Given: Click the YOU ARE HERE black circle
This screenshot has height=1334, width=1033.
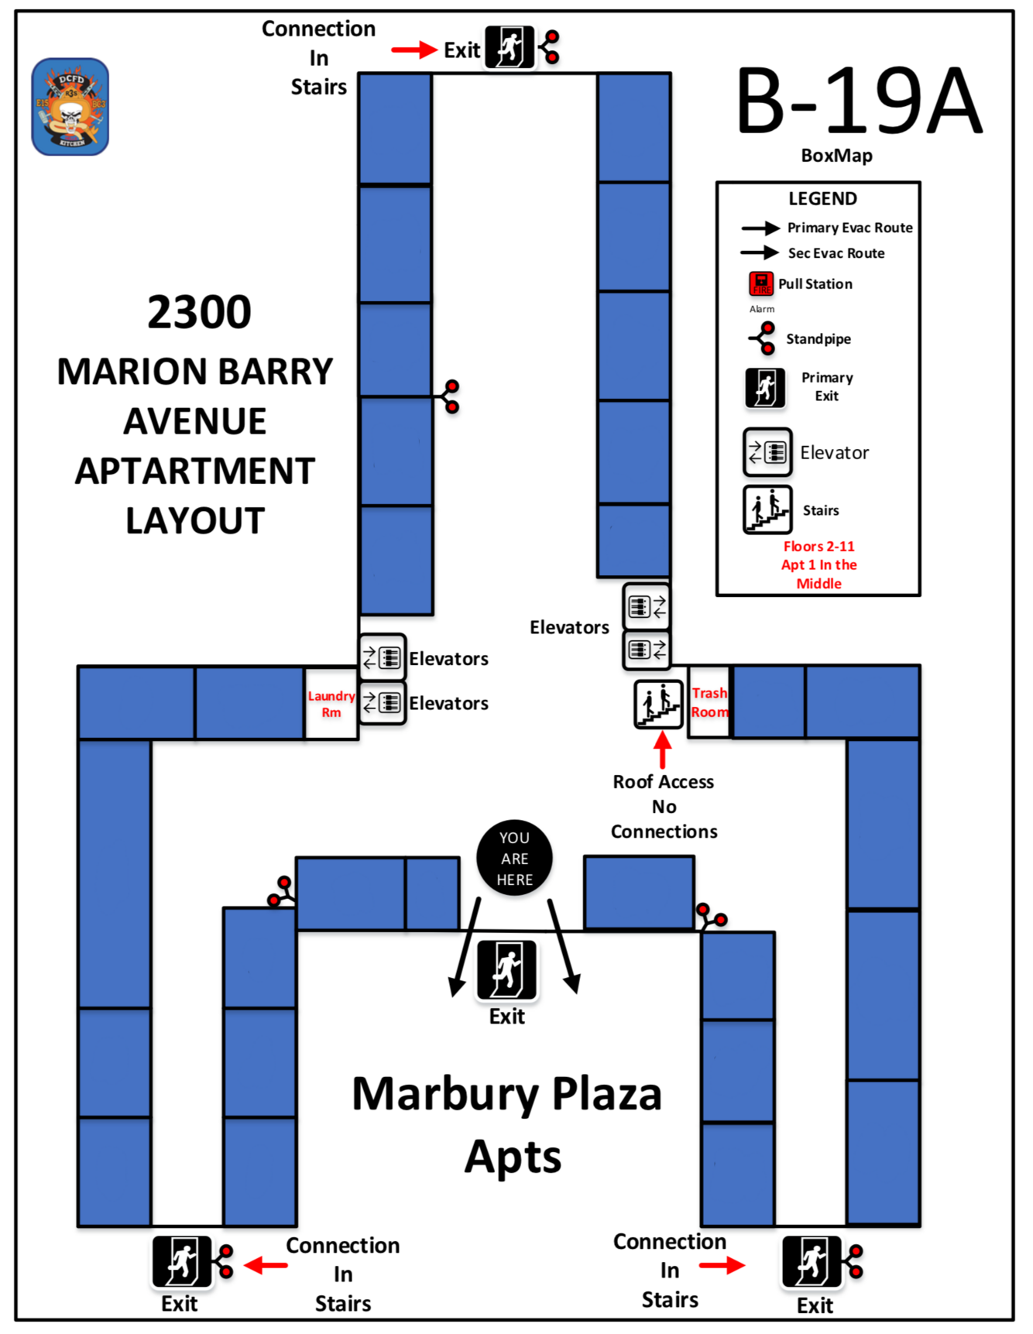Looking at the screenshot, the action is [514, 858].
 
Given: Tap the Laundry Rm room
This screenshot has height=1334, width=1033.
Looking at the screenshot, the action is [331, 704].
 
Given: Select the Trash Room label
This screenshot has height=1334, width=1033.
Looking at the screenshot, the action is [709, 702].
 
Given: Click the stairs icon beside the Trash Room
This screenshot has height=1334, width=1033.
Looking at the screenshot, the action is [658, 704].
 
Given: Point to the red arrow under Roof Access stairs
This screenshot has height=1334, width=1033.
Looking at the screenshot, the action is [662, 749].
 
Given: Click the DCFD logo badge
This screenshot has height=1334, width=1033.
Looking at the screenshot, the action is [70, 107].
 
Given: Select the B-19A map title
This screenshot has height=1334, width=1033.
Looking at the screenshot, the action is [858, 101].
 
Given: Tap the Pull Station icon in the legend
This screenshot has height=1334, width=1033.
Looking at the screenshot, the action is [760, 283].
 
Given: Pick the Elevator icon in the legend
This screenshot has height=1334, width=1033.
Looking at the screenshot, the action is [767, 452].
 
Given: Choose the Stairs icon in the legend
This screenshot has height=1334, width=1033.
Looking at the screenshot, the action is [767, 509].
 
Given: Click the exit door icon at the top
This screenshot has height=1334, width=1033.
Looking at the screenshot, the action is [510, 47].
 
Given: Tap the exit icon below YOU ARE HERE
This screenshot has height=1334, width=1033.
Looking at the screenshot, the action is [507, 969].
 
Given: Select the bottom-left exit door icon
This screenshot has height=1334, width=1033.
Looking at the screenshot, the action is [182, 1261].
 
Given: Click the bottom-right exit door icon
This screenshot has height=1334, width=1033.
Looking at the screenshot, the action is [812, 1261].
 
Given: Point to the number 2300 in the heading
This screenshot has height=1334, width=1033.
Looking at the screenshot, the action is [199, 312].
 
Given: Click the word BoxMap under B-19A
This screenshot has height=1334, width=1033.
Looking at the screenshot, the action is [836, 156].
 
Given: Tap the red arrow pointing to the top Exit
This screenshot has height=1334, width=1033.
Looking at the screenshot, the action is [414, 50].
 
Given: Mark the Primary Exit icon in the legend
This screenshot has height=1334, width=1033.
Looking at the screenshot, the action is [765, 387].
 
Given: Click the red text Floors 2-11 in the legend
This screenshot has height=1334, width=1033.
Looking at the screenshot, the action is [819, 547].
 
